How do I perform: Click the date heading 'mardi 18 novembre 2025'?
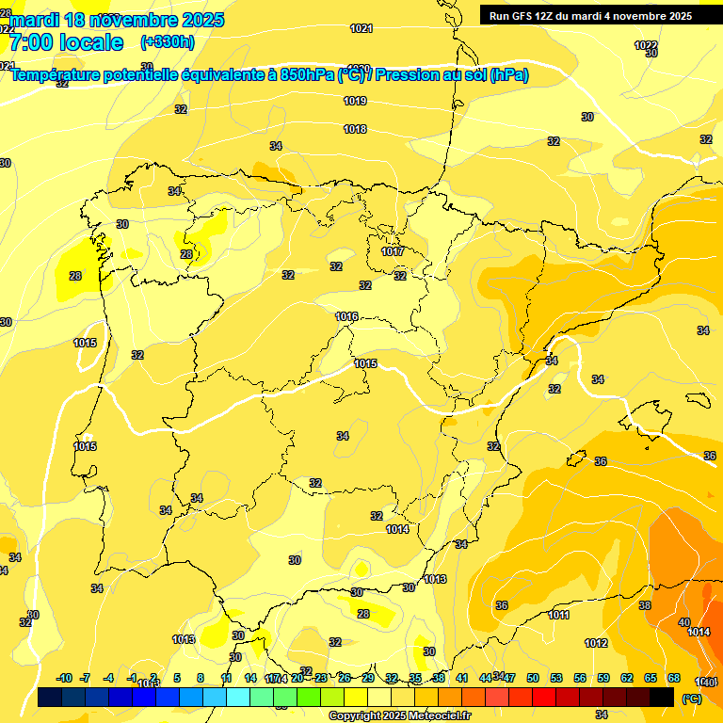click(117, 20)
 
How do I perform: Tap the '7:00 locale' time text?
click(66, 42)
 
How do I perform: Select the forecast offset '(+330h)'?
click(167, 42)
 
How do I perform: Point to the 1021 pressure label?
click(361, 28)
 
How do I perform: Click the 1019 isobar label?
click(355, 101)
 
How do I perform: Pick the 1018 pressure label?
click(355, 129)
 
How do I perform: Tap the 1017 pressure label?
click(393, 251)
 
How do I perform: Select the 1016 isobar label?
click(346, 316)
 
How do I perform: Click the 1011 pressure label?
click(559, 615)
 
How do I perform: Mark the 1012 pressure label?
click(596, 643)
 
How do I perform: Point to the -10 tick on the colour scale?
click(64, 678)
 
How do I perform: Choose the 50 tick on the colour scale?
click(533, 678)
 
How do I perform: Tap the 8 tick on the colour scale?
click(201, 678)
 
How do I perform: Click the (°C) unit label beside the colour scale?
click(690, 699)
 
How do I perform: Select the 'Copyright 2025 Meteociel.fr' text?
click(398, 716)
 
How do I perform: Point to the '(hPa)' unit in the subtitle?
click(509, 75)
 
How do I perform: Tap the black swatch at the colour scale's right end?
click(662, 698)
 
